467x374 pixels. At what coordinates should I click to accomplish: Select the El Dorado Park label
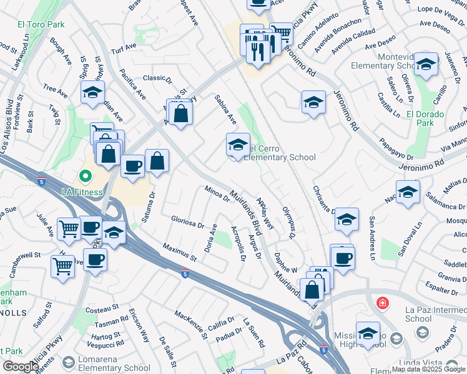coord(425,118)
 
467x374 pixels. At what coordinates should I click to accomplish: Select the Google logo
coord(20,367)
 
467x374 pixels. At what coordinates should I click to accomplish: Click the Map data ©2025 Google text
coord(428,369)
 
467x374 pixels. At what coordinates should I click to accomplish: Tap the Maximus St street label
coord(180,252)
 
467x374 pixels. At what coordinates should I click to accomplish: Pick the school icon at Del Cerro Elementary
coord(237,146)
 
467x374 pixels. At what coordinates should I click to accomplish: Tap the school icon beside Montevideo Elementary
coord(426,64)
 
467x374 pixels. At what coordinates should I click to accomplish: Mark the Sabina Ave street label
coord(225,109)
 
